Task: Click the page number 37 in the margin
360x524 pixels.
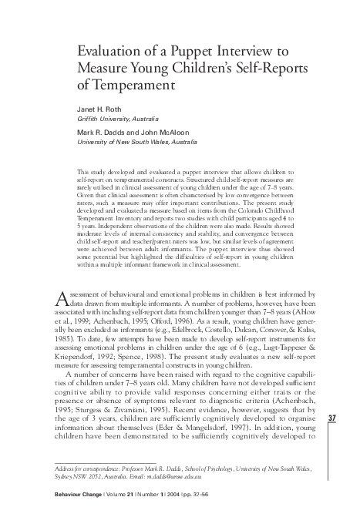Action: [x=332, y=418]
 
